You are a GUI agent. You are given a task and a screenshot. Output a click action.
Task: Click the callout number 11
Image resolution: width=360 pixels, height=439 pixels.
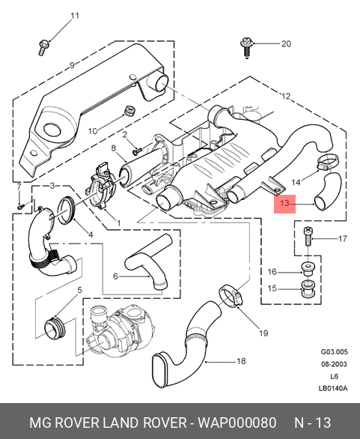[x=75, y=16]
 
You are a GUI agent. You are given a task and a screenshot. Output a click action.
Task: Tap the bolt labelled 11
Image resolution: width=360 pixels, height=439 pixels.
[x=43, y=48]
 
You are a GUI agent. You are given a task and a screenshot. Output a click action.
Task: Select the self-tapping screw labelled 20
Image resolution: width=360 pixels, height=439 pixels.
[x=247, y=47]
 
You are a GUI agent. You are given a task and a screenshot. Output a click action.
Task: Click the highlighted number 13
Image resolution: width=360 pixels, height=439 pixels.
[x=284, y=203]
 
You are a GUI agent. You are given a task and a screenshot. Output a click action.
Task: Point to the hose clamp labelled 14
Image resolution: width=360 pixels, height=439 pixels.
[x=328, y=163]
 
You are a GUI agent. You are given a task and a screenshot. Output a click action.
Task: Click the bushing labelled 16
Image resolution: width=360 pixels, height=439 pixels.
[x=308, y=269]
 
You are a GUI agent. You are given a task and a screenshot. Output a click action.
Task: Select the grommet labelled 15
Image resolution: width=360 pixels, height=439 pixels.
[x=308, y=288]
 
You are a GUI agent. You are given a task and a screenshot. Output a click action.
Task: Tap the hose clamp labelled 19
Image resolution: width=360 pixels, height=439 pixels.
[x=231, y=296]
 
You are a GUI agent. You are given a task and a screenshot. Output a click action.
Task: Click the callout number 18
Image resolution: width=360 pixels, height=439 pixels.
[x=241, y=361]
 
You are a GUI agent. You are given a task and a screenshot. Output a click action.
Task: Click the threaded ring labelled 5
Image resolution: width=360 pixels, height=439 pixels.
[x=55, y=328]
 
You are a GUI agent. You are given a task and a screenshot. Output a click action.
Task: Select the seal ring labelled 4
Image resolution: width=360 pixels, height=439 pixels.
[x=67, y=211]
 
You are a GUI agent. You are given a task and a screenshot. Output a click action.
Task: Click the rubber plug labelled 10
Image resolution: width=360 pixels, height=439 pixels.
[x=129, y=111]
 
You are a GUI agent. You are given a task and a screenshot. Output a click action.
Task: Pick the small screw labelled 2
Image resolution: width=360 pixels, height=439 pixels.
[x=137, y=151]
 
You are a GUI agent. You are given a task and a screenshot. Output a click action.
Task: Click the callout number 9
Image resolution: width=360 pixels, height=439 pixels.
[x=72, y=65]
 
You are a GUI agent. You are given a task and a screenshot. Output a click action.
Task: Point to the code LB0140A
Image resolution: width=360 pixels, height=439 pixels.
[x=333, y=389]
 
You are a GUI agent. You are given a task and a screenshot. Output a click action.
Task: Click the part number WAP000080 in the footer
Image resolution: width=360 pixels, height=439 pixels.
[x=237, y=423]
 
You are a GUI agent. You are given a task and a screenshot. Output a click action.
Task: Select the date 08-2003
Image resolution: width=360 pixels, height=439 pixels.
[x=334, y=364]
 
